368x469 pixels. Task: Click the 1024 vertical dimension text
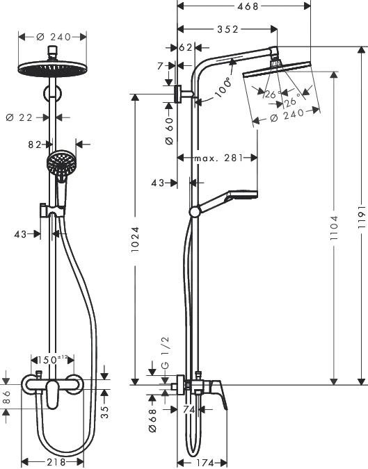136,240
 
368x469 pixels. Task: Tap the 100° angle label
224,91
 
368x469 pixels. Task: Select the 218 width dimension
56,462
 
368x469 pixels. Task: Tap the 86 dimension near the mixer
6,397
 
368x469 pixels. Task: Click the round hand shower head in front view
60,164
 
